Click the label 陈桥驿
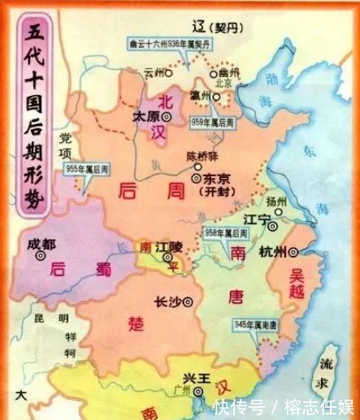click(x=203, y=157)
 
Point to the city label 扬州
click(x=277, y=201)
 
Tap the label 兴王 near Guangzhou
click(x=192, y=379)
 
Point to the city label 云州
click(x=152, y=71)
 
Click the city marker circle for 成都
click(x=39, y=255)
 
